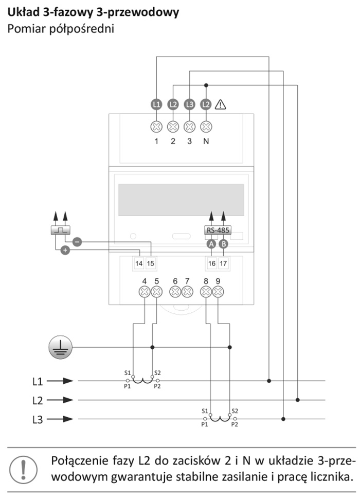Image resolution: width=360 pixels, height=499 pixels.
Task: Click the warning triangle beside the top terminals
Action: [221, 104]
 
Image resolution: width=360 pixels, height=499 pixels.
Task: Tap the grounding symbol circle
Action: [60, 347]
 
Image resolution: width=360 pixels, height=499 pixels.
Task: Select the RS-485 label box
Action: [218, 230]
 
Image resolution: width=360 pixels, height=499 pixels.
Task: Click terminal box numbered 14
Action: [139, 263]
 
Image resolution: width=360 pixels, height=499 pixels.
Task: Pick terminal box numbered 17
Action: [223, 263]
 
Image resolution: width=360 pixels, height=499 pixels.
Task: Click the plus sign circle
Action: [65, 250]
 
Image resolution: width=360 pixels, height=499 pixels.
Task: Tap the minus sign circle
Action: [77, 242]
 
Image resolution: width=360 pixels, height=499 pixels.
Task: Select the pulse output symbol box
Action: [60, 230]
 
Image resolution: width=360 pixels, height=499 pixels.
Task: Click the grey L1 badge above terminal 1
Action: [156, 104]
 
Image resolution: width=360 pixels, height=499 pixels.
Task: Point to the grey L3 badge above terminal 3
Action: [190, 104]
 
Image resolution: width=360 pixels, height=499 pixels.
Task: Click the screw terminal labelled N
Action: [206, 127]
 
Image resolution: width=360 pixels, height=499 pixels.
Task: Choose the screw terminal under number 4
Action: [145, 292]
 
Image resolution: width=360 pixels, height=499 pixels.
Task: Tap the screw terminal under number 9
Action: [218, 292]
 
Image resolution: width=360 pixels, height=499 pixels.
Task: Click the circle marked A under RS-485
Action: [211, 244]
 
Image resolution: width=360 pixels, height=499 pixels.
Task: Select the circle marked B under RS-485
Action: [224, 244]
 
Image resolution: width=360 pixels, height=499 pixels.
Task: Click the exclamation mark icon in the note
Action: [23, 469]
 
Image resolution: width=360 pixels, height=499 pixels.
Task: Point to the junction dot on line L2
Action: [297, 400]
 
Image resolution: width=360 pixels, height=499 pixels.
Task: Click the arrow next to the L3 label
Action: [60, 419]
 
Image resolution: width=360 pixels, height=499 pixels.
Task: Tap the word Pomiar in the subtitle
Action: [27, 29]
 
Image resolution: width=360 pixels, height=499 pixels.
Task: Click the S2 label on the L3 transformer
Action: [235, 411]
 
